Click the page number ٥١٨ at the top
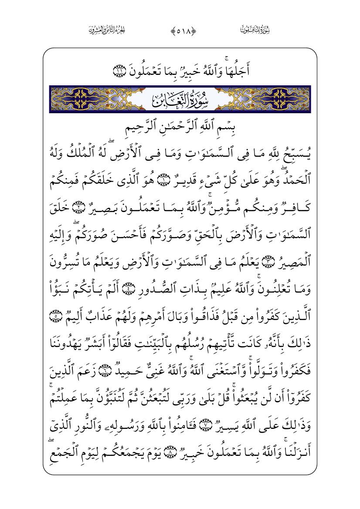(180, 30)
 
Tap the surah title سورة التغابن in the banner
(180, 100)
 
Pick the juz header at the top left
(103, 30)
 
